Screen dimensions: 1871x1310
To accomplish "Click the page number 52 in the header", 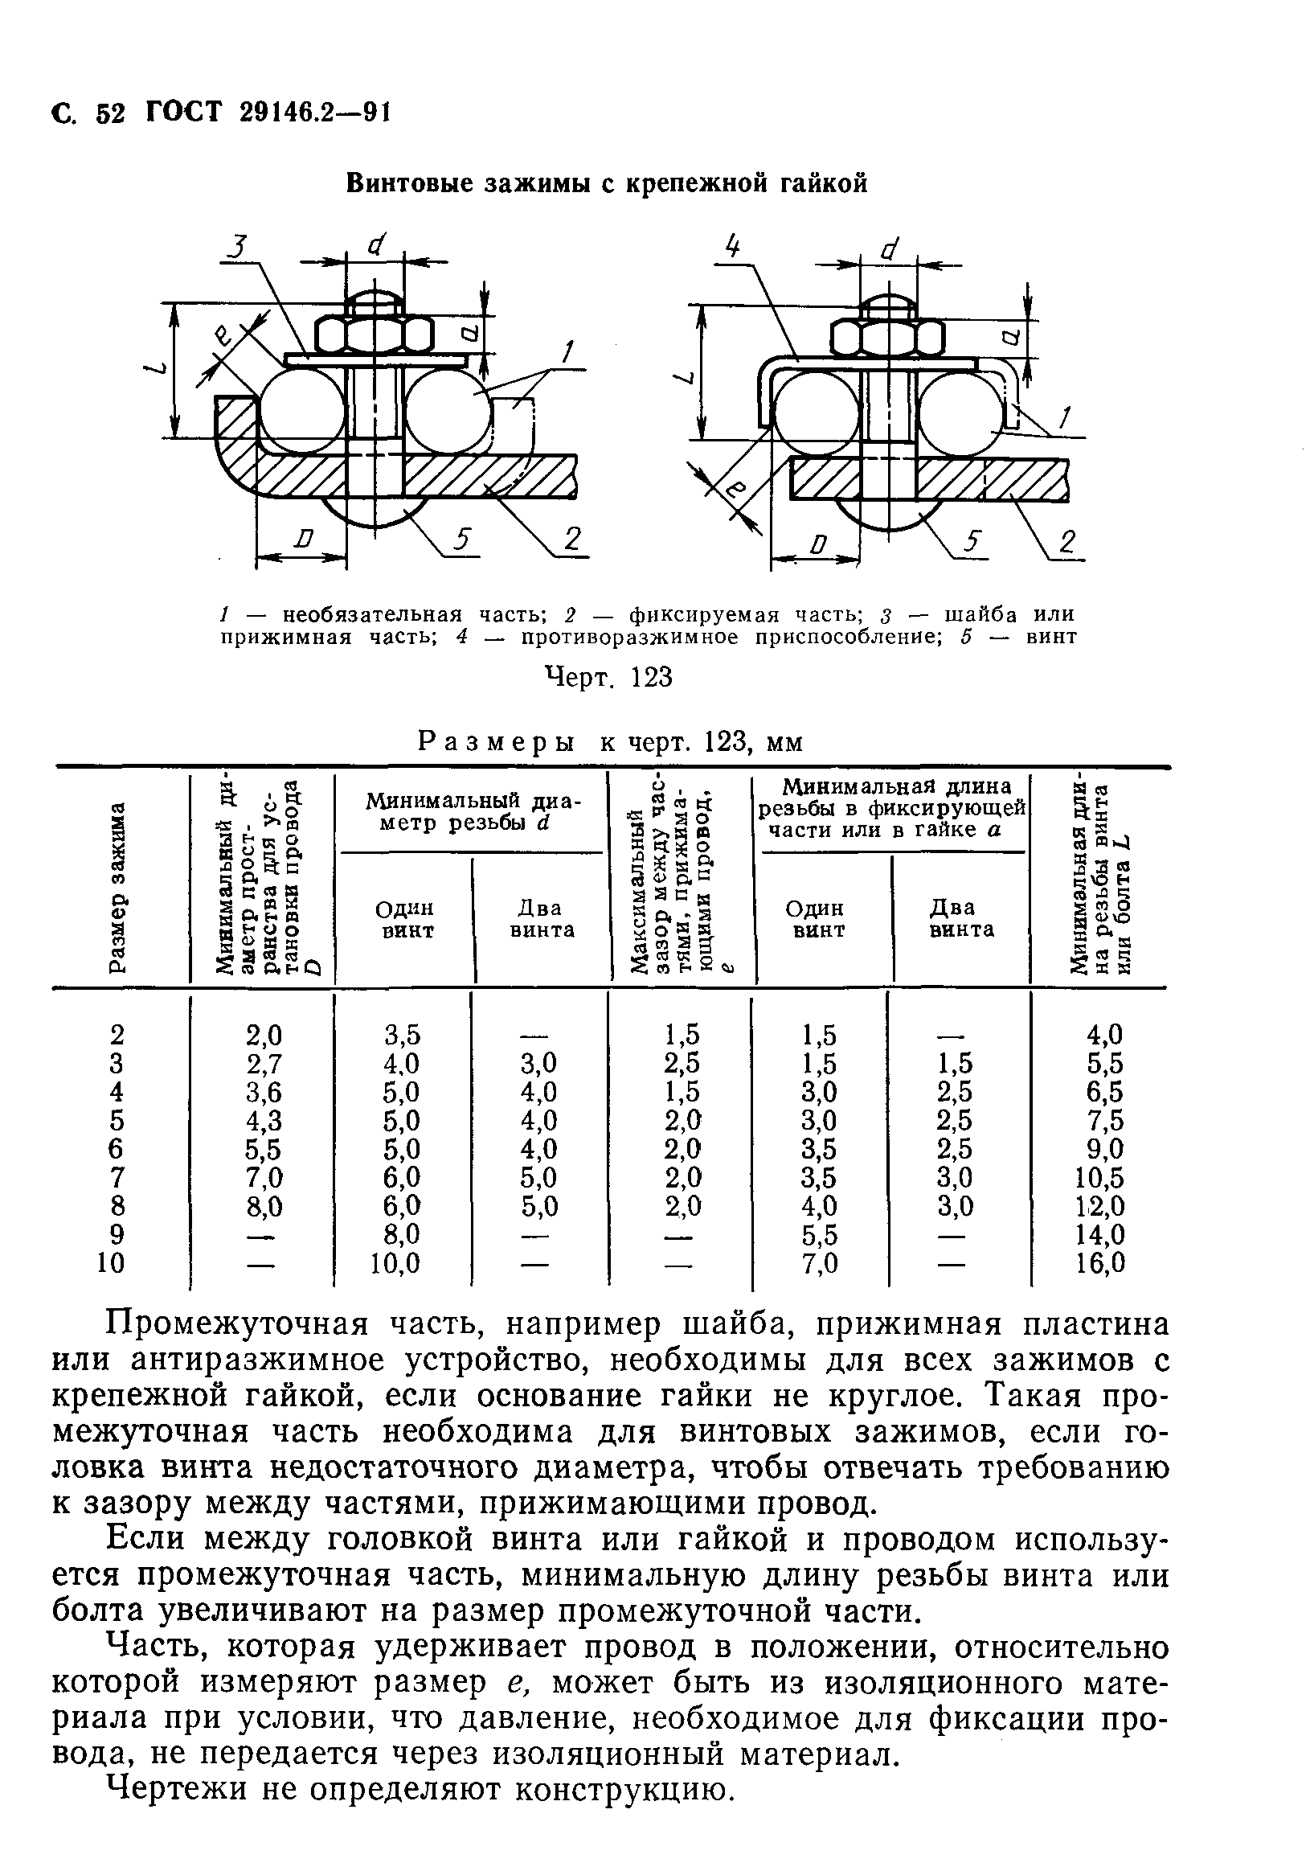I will [x=110, y=112].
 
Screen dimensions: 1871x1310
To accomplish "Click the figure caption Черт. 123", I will [x=608, y=677].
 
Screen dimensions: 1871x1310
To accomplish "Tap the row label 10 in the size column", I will [x=111, y=1263].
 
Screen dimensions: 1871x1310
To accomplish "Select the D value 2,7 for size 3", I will [x=264, y=1064].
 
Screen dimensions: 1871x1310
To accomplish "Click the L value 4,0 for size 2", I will [x=1105, y=1035].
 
